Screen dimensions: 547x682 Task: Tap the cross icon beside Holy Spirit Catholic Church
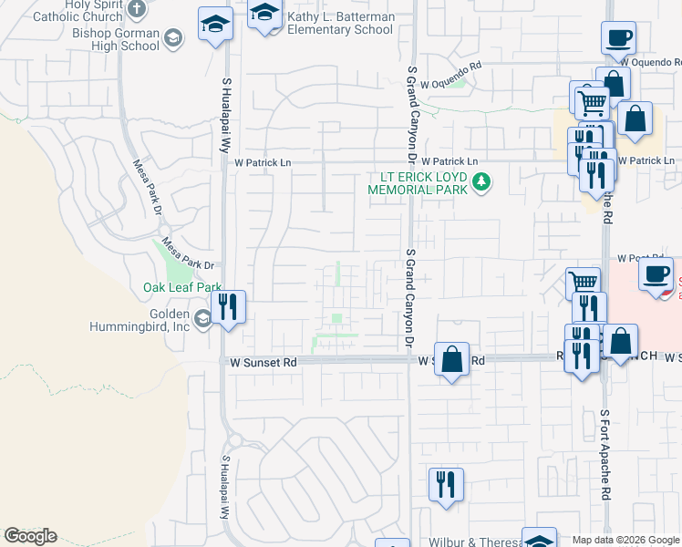coord(137,10)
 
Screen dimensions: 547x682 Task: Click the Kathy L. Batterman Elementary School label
coord(340,23)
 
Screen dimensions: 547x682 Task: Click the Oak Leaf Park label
coord(182,287)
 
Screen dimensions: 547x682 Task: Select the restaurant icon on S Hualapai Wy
coord(229,306)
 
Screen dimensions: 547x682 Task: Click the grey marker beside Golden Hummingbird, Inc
coord(202,318)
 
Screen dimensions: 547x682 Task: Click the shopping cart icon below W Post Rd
coord(583,283)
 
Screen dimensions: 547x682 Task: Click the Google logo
coord(30,536)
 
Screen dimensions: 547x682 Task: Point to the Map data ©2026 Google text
coord(625,540)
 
